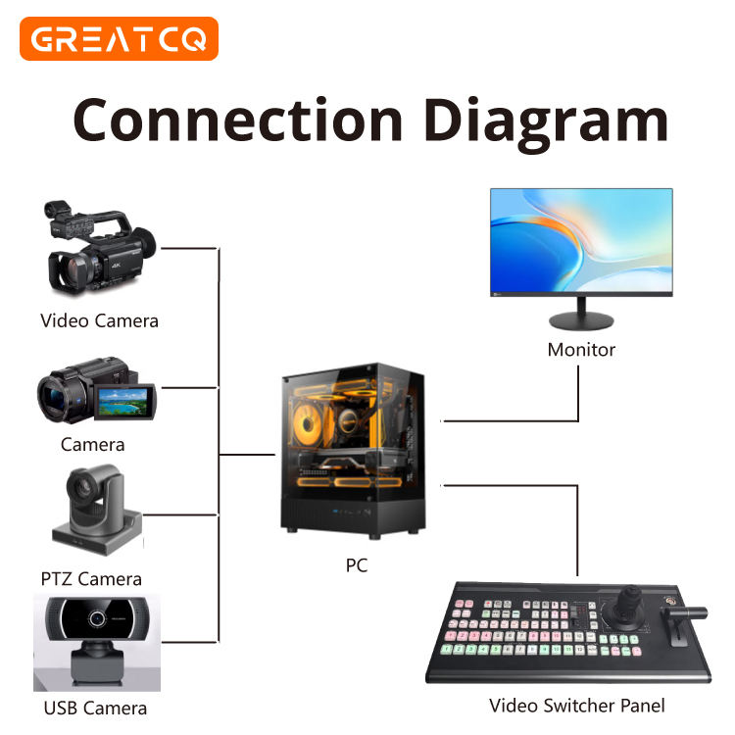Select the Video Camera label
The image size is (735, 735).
click(99, 320)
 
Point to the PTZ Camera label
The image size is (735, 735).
click(91, 578)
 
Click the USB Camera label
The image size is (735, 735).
click(95, 708)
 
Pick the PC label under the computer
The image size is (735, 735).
click(357, 566)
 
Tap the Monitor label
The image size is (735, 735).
click(581, 350)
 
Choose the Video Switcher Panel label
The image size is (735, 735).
click(577, 706)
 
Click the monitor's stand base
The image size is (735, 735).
click(581, 322)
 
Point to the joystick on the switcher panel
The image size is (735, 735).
click(625, 609)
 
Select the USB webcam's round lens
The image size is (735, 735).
click(97, 619)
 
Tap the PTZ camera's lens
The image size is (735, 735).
click(80, 488)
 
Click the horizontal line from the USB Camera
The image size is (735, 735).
click(186, 642)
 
